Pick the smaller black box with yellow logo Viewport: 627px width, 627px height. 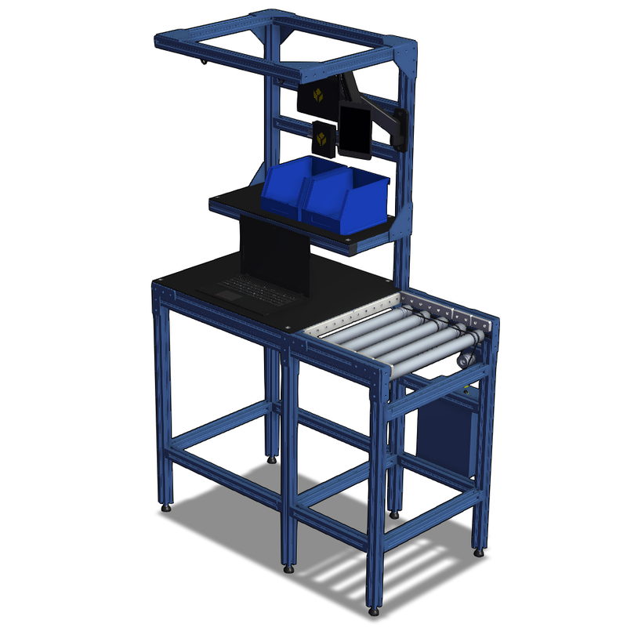click(323, 140)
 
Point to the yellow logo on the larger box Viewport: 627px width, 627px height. click(318, 96)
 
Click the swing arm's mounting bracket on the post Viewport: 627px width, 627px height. click(400, 125)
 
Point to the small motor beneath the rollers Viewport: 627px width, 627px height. click(464, 358)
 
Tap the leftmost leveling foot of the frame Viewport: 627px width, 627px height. click(166, 509)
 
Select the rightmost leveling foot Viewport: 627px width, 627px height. click(478, 552)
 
